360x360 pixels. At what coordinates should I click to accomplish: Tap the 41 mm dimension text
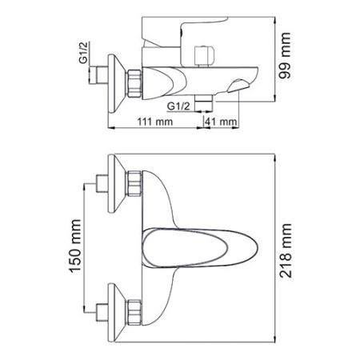(222, 121)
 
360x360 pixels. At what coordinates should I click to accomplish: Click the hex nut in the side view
(135, 80)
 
